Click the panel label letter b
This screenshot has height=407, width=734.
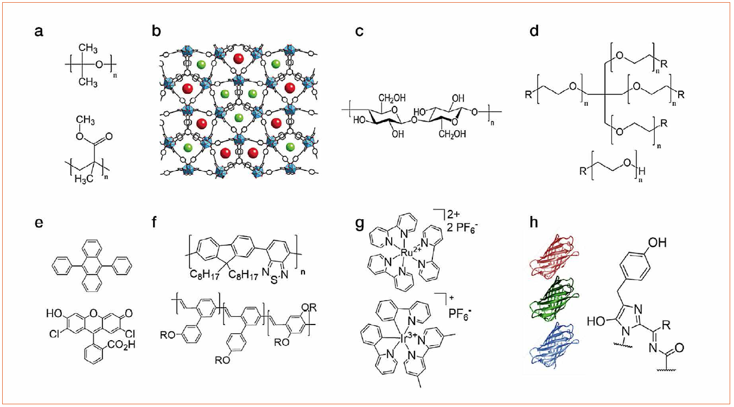(157, 31)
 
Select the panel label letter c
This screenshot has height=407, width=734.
(359, 31)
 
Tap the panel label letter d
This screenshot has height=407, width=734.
(534, 31)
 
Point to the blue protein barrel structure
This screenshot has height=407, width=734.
(549, 350)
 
